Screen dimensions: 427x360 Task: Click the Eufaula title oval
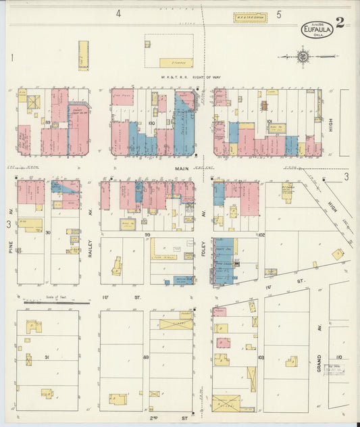point(316,28)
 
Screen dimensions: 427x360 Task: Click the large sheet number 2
point(340,22)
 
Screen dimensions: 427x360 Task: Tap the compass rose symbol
point(303,57)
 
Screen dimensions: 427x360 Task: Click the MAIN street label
point(180,169)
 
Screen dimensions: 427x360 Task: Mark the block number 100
point(151,123)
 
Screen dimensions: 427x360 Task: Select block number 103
point(261,357)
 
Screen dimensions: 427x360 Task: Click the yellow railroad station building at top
point(250,18)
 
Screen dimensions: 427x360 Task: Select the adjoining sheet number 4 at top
point(118,14)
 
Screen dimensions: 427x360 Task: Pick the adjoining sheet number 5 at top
point(278,14)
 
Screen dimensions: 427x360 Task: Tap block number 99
point(147,233)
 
